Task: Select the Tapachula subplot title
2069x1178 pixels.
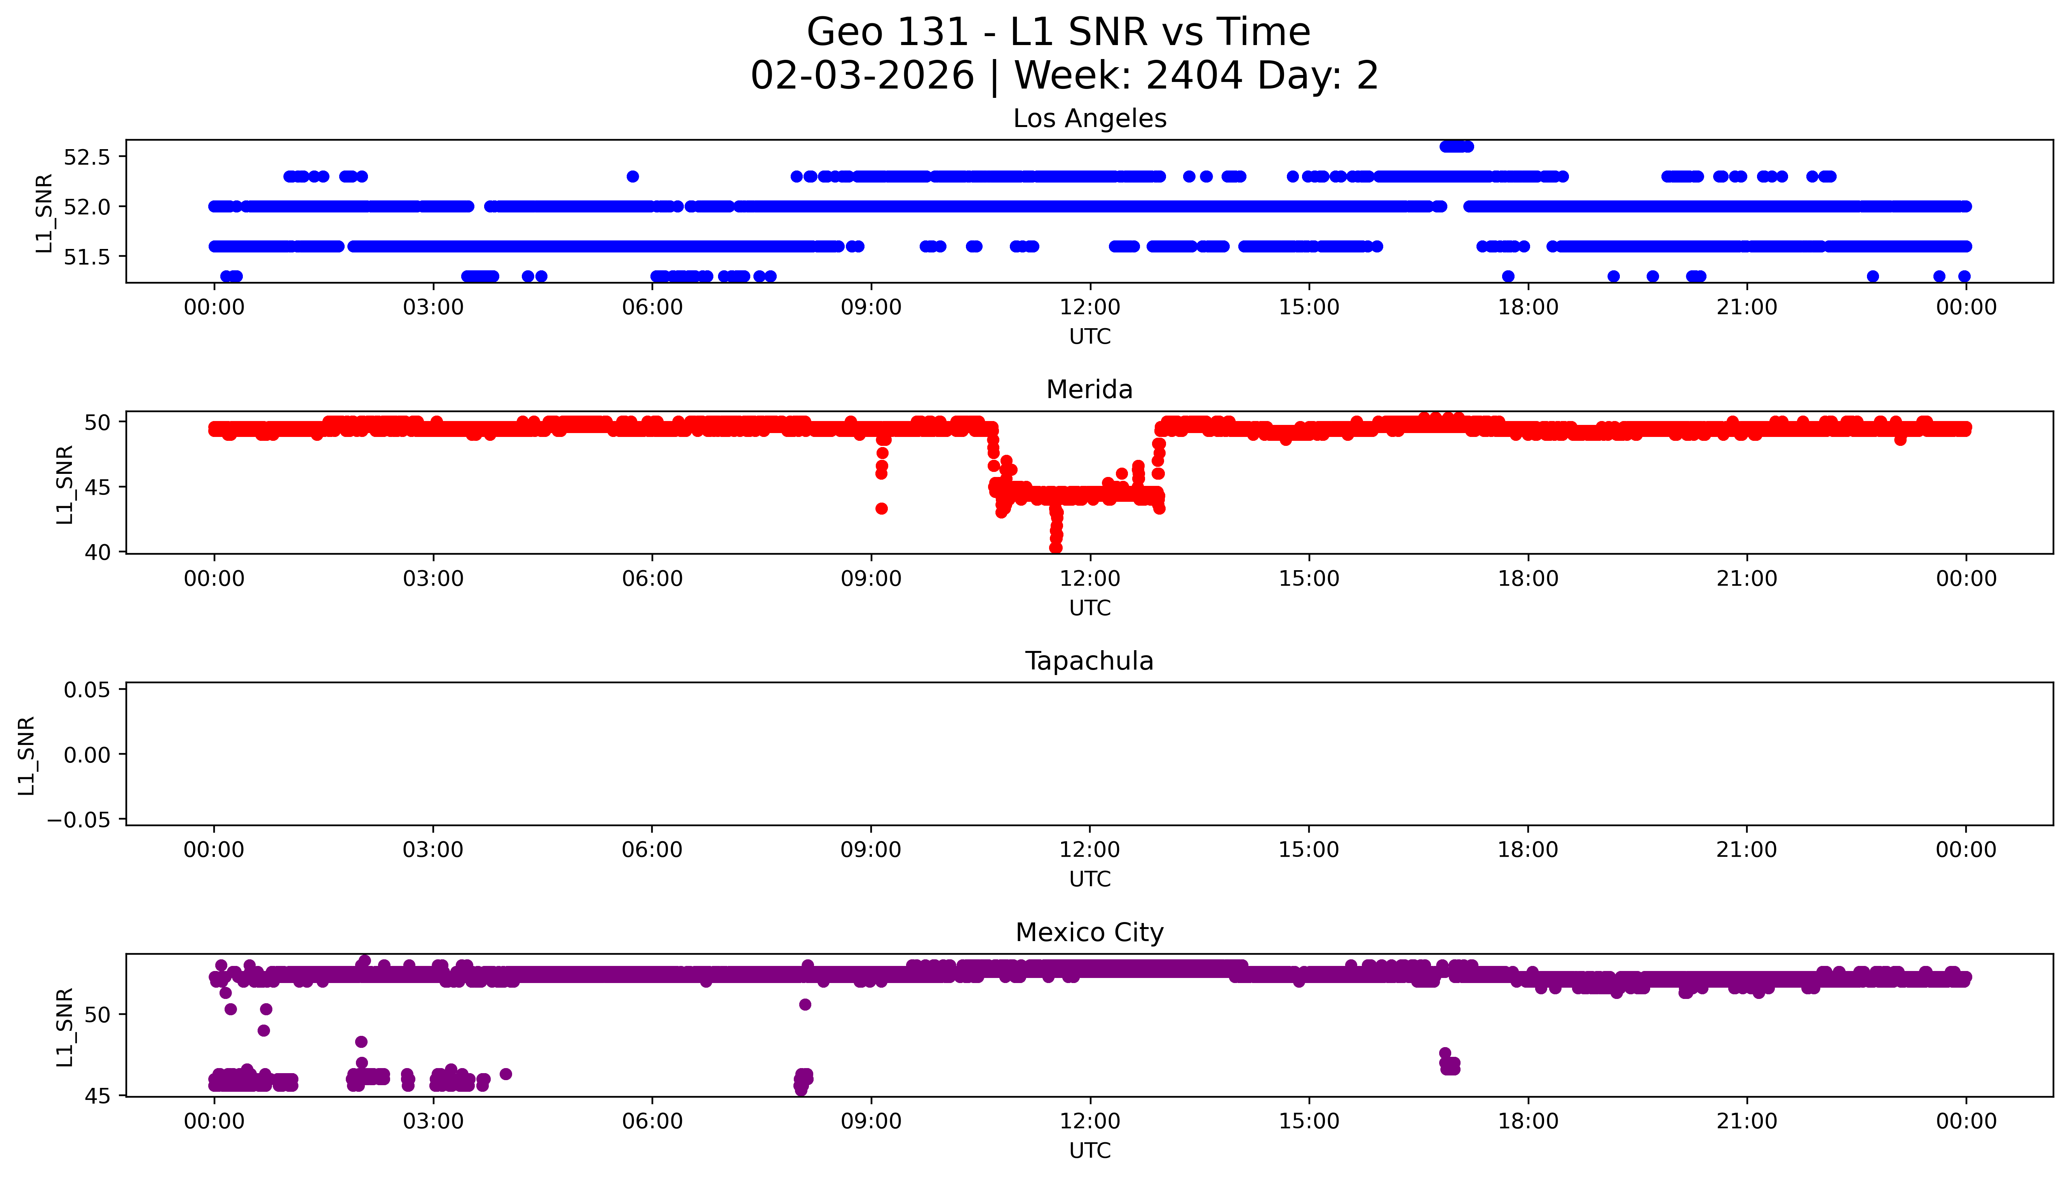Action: tap(1089, 661)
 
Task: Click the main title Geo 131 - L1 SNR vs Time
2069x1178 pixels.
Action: tap(1058, 32)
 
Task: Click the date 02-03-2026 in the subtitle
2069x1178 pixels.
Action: tap(862, 76)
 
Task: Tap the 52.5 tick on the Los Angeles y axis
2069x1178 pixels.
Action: tap(87, 157)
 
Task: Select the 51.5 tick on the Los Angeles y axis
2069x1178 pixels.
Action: tap(87, 256)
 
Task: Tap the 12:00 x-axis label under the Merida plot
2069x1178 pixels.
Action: tap(1089, 578)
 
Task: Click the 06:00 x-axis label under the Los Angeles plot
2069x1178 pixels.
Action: tap(652, 308)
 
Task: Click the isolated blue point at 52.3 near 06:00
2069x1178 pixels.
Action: tap(633, 176)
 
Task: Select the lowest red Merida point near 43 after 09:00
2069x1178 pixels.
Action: tap(882, 509)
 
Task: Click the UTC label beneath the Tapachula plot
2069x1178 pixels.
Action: tap(1089, 879)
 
